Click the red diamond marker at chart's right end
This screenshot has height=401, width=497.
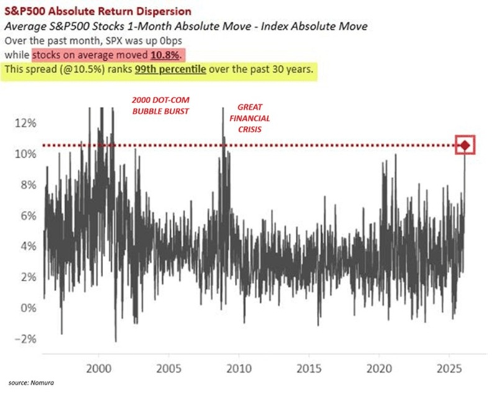tap(465, 146)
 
